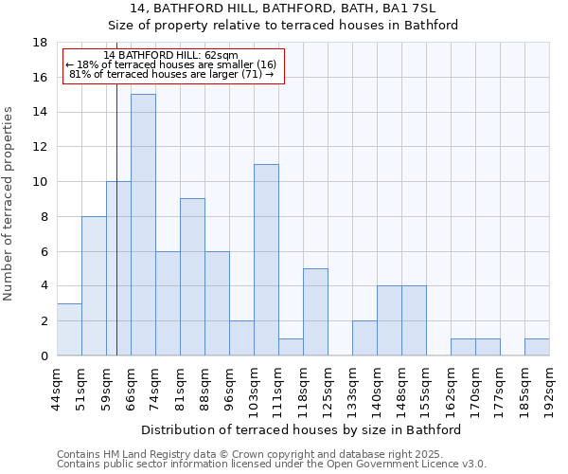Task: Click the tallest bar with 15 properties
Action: pos(143,225)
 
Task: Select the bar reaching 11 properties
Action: pos(266,260)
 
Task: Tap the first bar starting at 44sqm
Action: pos(69,329)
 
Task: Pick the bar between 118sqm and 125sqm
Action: pos(315,312)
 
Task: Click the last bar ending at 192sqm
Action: pos(537,347)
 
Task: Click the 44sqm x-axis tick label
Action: pos(58,386)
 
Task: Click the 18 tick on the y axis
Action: pos(41,43)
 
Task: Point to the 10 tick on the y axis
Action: pos(41,182)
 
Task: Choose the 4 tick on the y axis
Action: pos(44,286)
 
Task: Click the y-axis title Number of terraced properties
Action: pos(9,204)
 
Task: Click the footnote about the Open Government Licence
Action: pos(272,465)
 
